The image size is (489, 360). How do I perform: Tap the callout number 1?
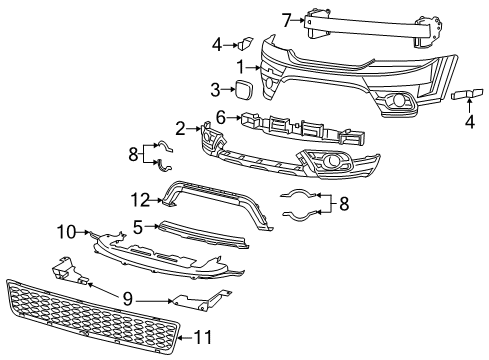tap(241, 67)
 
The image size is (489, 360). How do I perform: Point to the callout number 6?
tap(221, 116)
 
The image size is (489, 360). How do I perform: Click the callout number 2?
tap(181, 127)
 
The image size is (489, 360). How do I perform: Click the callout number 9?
tap(128, 299)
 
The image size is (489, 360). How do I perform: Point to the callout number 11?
tap(203, 338)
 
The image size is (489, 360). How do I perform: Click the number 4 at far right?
tap(467, 123)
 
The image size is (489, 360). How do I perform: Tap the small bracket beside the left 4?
tap(243, 43)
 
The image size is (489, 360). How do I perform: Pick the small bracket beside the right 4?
tap(463, 96)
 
